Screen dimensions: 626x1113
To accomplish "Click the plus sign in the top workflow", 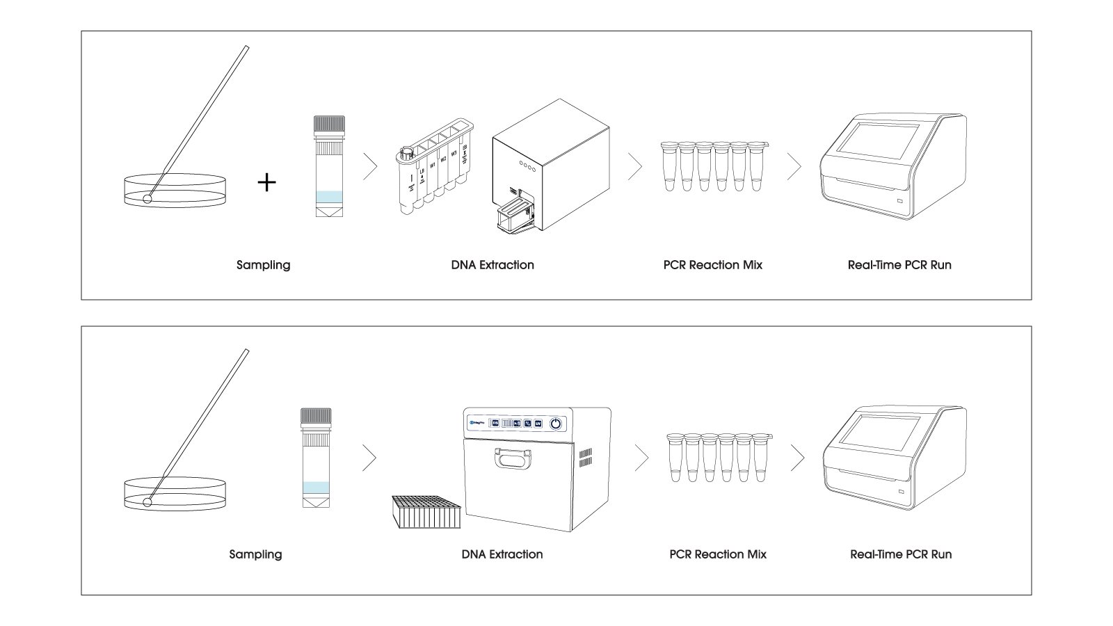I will pos(266,182).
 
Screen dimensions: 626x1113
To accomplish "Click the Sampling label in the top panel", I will pos(263,265).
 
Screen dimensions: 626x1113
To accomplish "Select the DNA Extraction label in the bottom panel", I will pos(502,554).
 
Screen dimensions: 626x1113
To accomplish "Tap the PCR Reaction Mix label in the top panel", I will pos(712,265).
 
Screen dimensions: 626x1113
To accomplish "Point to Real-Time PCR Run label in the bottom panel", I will pos(900,554).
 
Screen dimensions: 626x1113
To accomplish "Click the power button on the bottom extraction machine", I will pos(556,423).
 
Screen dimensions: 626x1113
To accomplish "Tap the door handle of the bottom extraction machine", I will pos(513,458).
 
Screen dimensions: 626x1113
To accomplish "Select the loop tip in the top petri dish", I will pos(147,199).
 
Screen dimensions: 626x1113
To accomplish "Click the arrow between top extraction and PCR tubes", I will pos(634,167).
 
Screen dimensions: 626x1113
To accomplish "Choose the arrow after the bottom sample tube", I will pos(369,458).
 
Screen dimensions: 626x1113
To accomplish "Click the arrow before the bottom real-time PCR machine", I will pos(797,458).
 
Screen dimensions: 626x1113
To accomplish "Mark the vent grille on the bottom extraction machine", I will pos(585,457).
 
